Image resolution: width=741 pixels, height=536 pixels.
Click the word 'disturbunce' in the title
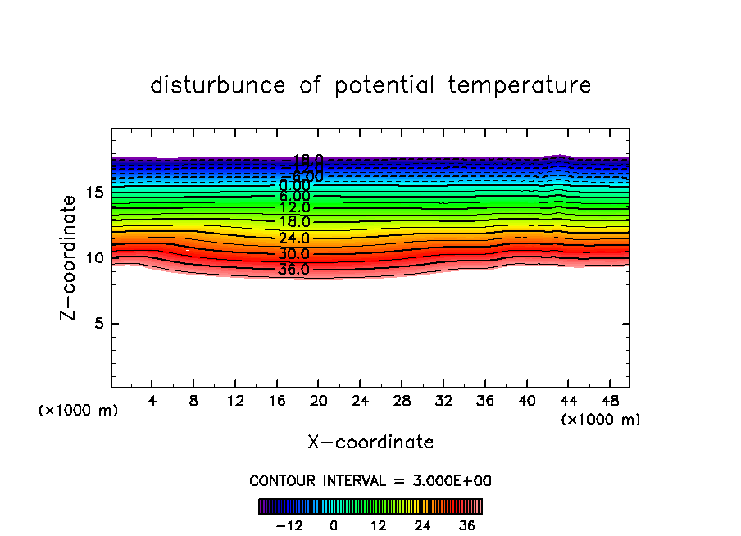219,85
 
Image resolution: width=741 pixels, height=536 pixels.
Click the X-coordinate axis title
370,443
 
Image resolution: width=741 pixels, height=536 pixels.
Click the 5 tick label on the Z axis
98,324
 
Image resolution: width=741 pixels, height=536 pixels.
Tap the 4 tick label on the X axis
152,401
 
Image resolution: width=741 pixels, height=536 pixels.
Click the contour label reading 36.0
293,270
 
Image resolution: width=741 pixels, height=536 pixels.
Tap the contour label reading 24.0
293,238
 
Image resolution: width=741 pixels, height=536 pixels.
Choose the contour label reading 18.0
293,222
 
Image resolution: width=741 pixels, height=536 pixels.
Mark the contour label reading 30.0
293,254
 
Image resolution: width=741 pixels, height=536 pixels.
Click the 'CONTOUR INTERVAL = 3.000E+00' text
370,481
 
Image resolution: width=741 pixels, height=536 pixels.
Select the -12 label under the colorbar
289,525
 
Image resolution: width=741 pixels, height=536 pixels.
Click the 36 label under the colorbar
466,525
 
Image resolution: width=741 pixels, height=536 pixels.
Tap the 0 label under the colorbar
334,525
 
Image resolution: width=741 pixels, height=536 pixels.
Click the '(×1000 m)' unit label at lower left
79,411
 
